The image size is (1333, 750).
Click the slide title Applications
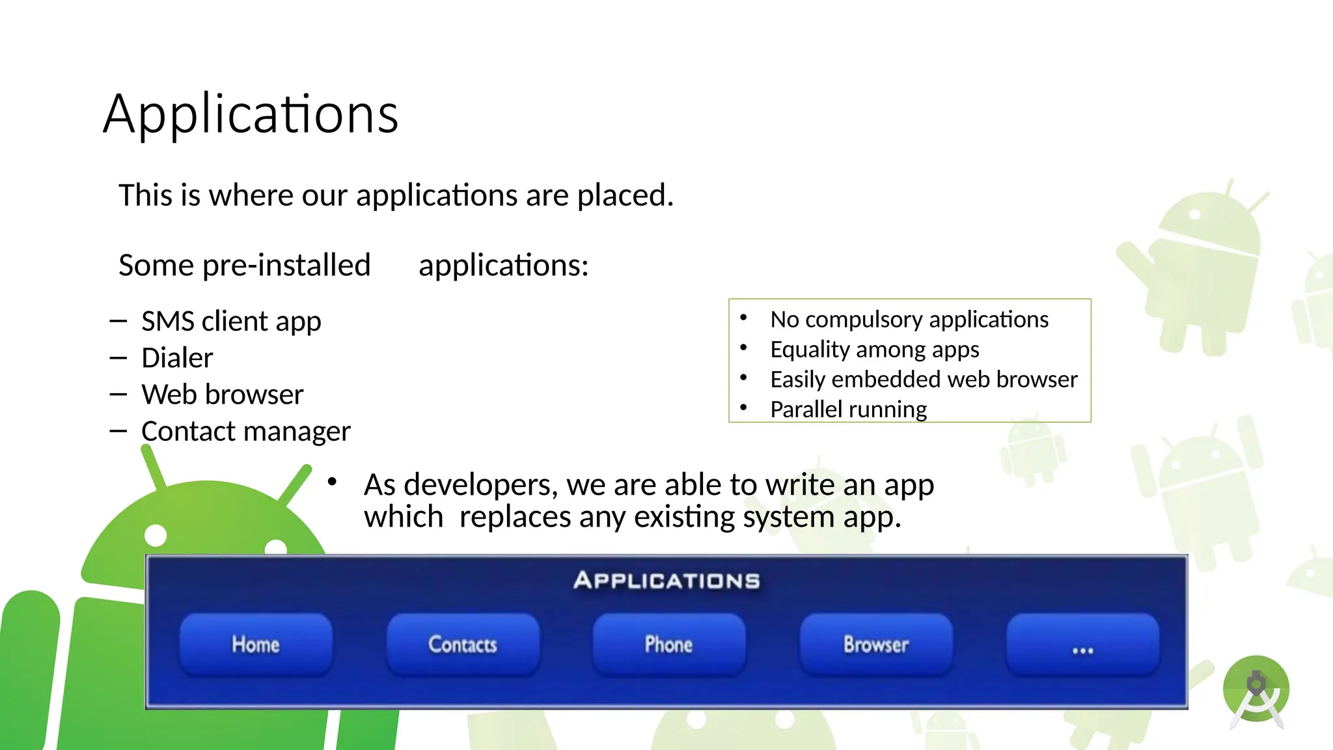click(x=251, y=114)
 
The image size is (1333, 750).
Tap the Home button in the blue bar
click(x=256, y=645)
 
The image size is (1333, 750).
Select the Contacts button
click(x=463, y=645)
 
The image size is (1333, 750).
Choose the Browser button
click(x=876, y=645)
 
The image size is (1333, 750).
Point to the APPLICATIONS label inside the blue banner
click(x=666, y=580)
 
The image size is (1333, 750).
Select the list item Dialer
click(x=177, y=358)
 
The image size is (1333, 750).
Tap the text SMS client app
click(x=231, y=322)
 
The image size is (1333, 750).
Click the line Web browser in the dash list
click(x=222, y=395)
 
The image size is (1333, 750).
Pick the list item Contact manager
click(x=245, y=432)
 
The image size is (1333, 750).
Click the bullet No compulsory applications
click(x=909, y=320)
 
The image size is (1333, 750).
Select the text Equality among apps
click(x=874, y=350)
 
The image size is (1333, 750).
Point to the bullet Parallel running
click(x=848, y=410)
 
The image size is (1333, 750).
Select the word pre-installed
click(x=286, y=266)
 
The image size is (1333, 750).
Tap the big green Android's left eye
click(x=156, y=535)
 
